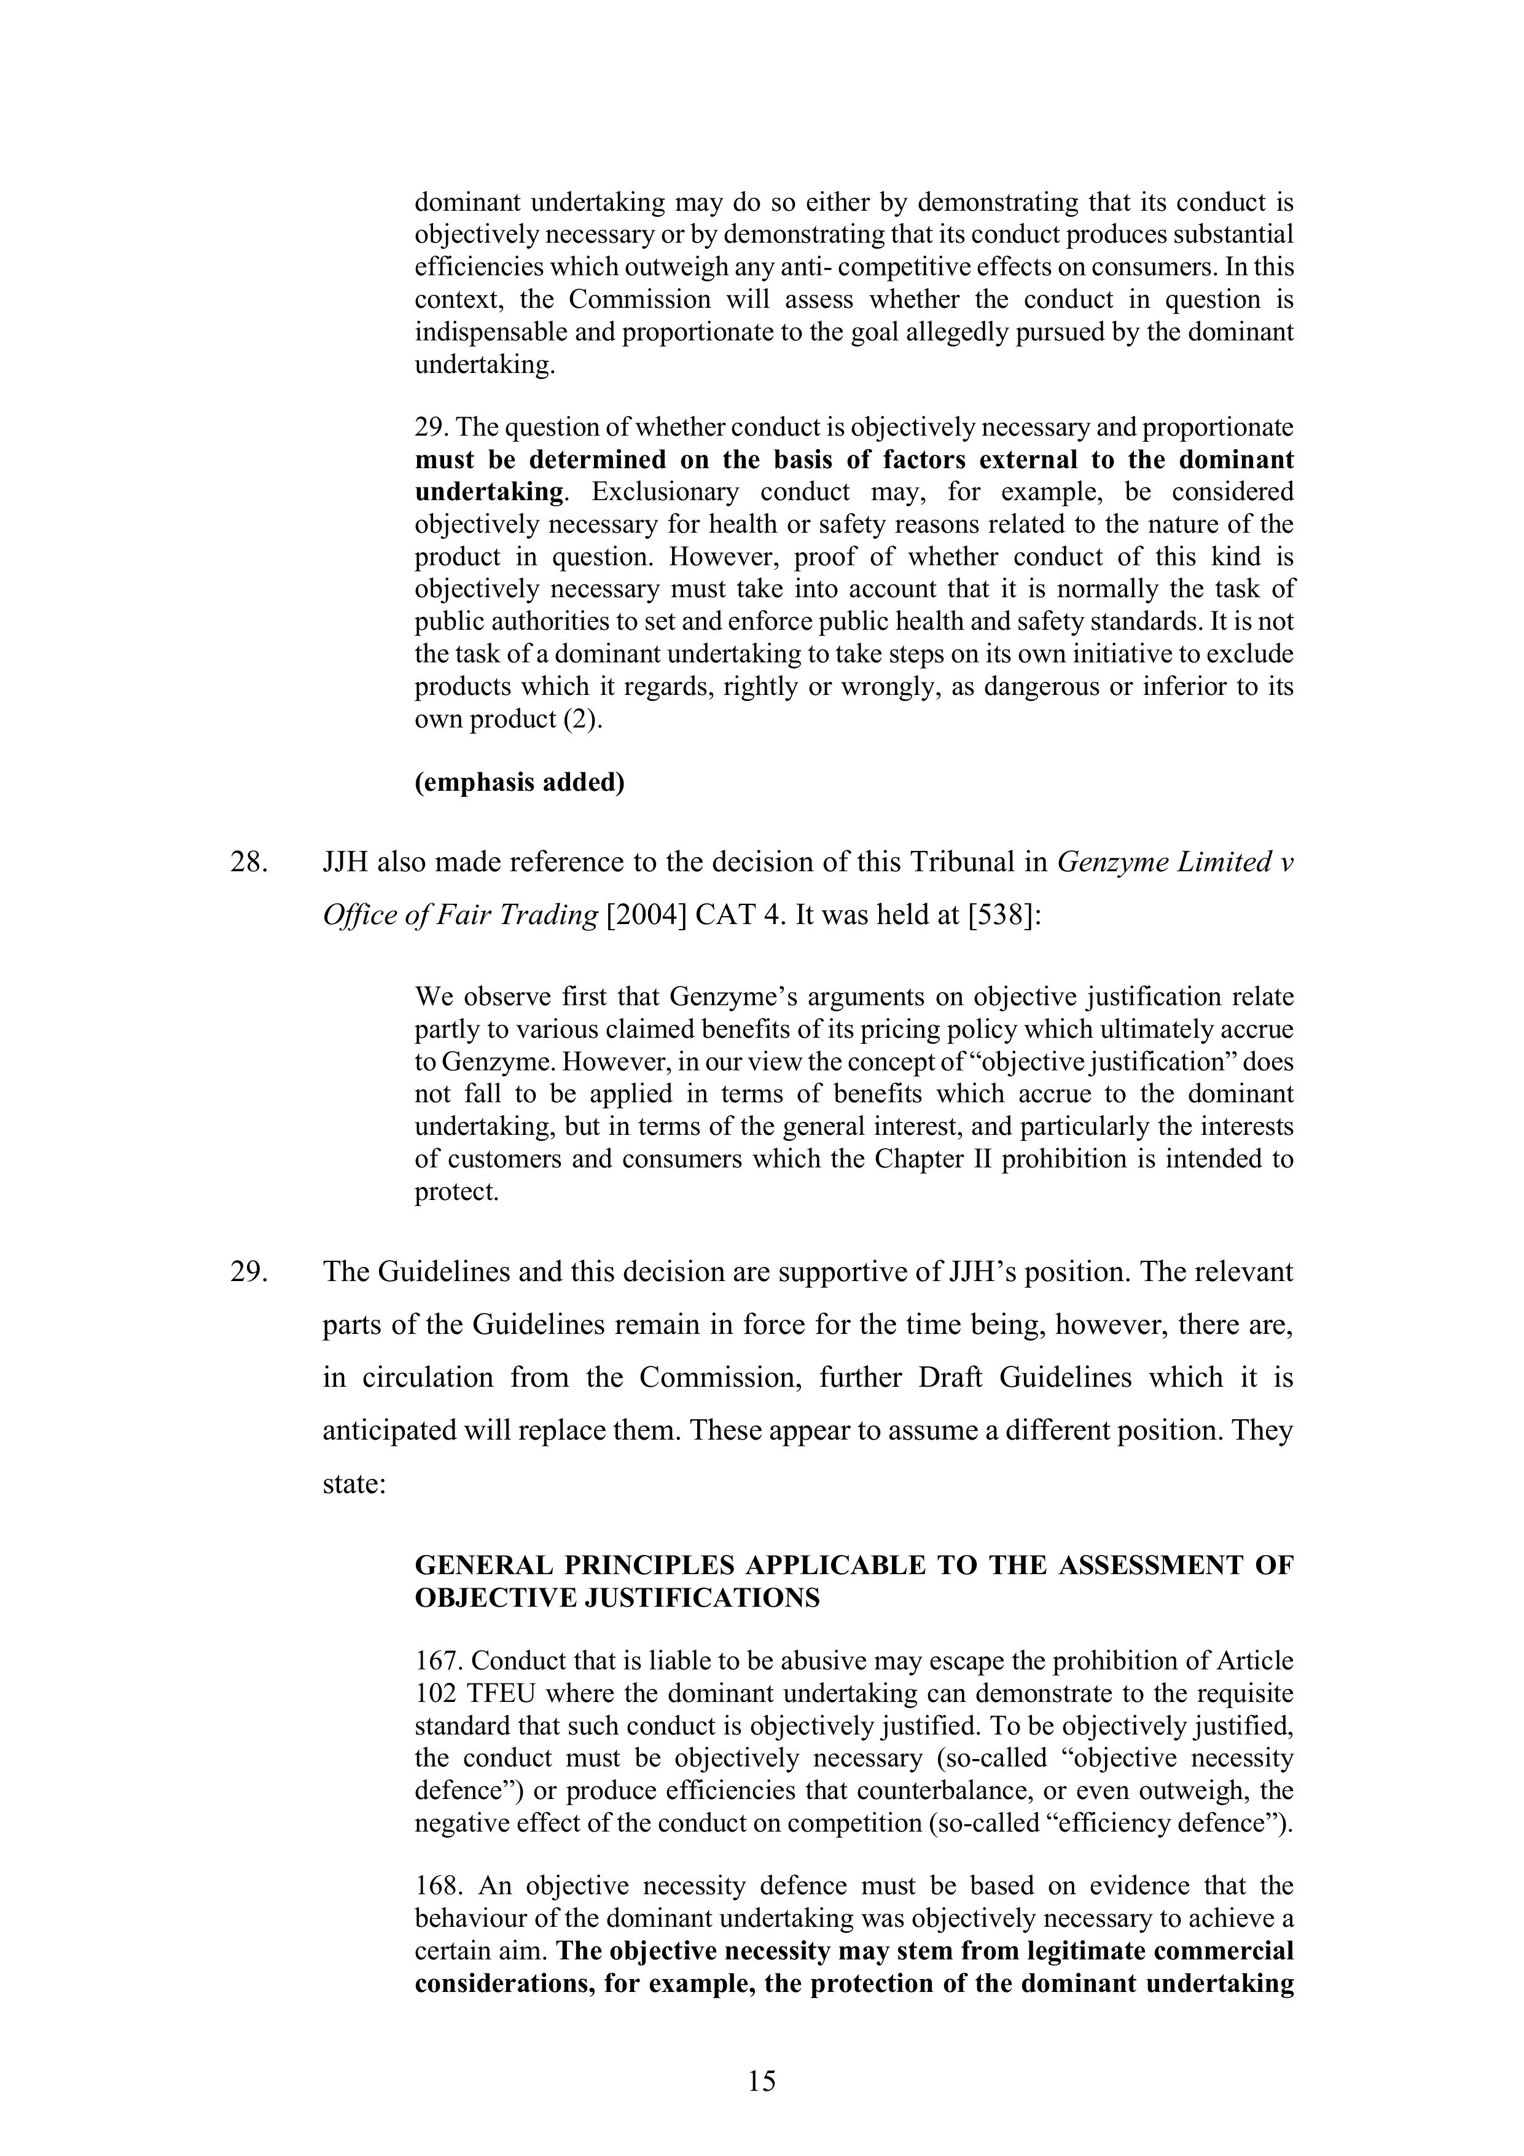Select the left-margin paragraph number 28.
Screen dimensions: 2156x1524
[249, 862]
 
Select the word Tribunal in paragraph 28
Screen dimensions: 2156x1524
[971, 862]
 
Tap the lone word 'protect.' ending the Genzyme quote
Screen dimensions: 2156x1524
[456, 1191]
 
